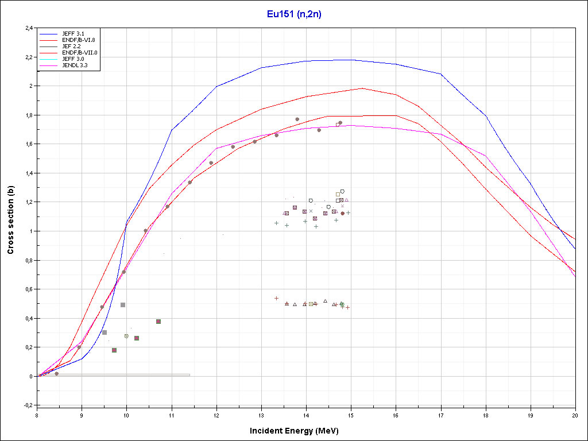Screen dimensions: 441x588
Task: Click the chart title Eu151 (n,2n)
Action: pos(294,14)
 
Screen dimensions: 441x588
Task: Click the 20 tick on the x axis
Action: pos(575,413)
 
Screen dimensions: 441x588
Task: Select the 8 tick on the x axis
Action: pos(37,413)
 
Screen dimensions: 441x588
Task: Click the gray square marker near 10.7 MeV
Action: pos(158,322)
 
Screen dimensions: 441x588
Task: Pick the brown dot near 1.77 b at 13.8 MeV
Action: pos(297,119)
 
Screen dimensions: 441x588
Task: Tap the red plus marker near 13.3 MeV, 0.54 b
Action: pos(276,298)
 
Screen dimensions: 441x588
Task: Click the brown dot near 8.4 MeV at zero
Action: pos(56,374)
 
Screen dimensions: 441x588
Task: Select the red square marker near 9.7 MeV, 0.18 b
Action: pos(114,350)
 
